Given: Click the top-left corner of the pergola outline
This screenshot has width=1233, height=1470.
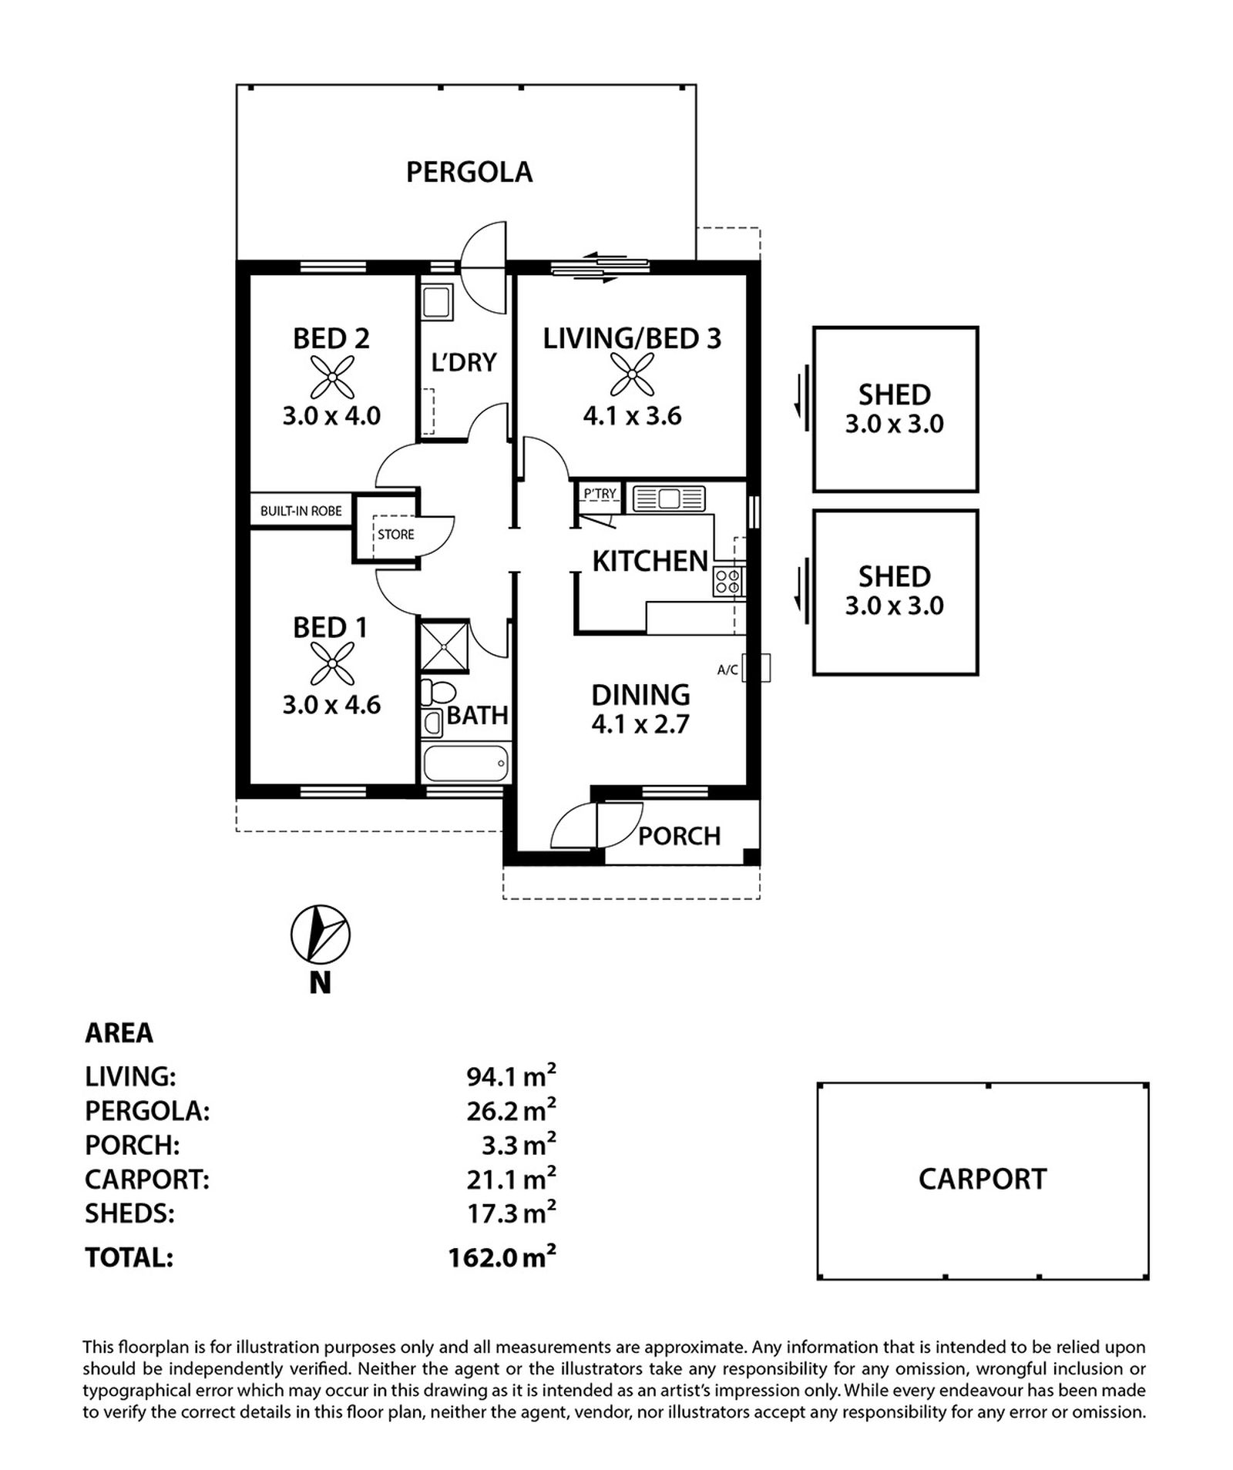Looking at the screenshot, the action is [x=237, y=85].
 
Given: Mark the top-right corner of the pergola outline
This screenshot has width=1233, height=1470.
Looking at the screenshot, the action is [x=696, y=85].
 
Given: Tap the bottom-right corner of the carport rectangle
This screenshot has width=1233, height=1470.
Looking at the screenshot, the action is [x=1148, y=1279].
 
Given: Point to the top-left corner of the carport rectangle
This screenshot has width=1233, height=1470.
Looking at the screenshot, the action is [x=818, y=1083].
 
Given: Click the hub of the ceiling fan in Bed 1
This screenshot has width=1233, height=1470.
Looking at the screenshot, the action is [x=332, y=664].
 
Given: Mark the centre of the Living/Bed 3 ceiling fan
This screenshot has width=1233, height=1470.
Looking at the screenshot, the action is [x=632, y=374].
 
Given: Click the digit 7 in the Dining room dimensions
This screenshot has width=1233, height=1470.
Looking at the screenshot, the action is [x=680, y=725].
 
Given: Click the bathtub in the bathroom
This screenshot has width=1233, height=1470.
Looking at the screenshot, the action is [x=465, y=763].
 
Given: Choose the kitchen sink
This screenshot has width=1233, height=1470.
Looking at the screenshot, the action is [x=669, y=498].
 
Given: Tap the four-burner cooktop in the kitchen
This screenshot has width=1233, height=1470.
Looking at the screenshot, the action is [x=728, y=581].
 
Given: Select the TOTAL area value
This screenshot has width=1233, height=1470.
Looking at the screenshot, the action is [x=502, y=1257].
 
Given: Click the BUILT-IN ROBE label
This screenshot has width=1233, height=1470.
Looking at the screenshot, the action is [x=301, y=511].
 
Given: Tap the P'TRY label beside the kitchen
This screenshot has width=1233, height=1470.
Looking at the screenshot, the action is [x=600, y=493].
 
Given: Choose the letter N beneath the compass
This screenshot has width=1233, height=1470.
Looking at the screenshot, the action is [x=320, y=983].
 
